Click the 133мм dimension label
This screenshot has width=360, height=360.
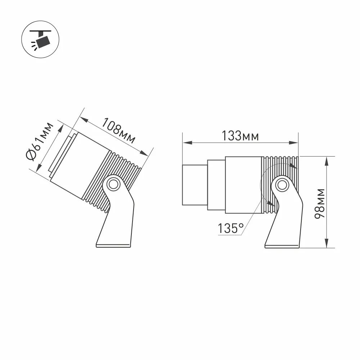240,136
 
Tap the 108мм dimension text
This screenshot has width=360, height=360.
118,130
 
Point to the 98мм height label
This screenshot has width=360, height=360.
319,203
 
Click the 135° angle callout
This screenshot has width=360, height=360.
230,228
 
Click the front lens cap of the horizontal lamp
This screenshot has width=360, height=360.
194,185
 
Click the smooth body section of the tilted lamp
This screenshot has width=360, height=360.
79,166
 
